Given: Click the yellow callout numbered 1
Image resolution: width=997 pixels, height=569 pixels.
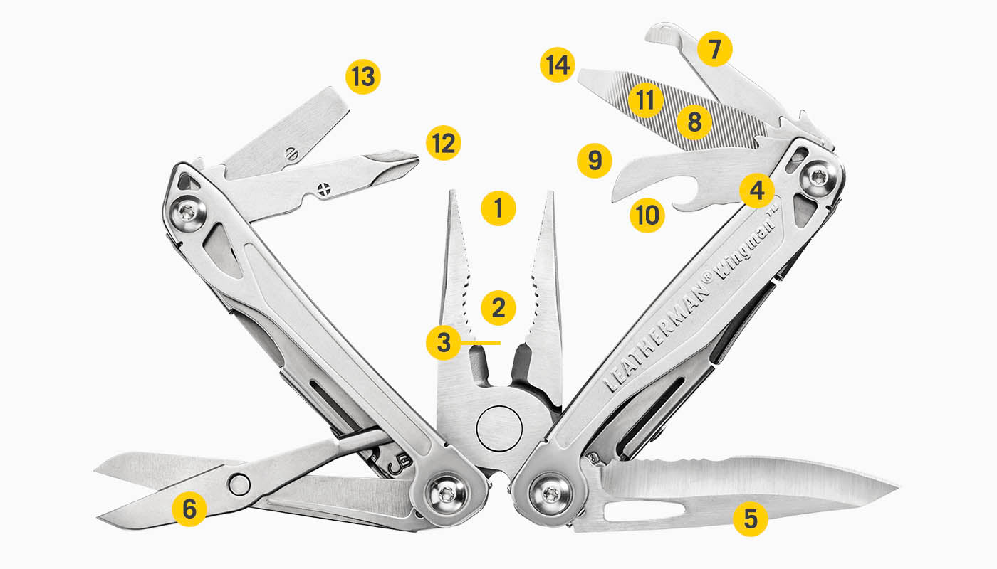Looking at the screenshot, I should click(499, 208).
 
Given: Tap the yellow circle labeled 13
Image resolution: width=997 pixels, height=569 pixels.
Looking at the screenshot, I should click(363, 76).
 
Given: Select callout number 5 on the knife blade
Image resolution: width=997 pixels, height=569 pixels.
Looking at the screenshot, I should click(751, 519).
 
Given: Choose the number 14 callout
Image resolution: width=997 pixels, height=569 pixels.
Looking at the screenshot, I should click(557, 65).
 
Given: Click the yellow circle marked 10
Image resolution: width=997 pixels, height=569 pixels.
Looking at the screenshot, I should click(647, 215).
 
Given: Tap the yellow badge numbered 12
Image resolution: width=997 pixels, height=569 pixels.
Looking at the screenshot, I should click(444, 143).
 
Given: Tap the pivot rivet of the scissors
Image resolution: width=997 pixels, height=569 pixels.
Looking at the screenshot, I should click(240, 484).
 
